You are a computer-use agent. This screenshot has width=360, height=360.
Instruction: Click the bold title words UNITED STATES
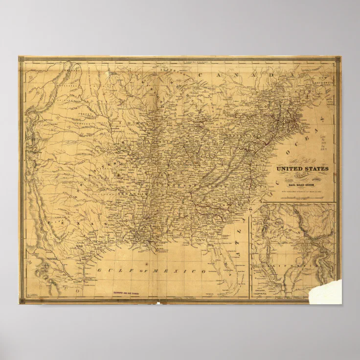302,169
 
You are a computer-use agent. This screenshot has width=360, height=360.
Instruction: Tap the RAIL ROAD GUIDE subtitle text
302,185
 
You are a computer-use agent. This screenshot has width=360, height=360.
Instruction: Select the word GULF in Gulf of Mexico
109,270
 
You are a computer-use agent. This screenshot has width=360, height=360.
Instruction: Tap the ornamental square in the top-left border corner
22,59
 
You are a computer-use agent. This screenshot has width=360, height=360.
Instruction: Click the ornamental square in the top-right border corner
337,60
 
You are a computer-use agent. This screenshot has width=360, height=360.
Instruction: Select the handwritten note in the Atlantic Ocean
323,142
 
